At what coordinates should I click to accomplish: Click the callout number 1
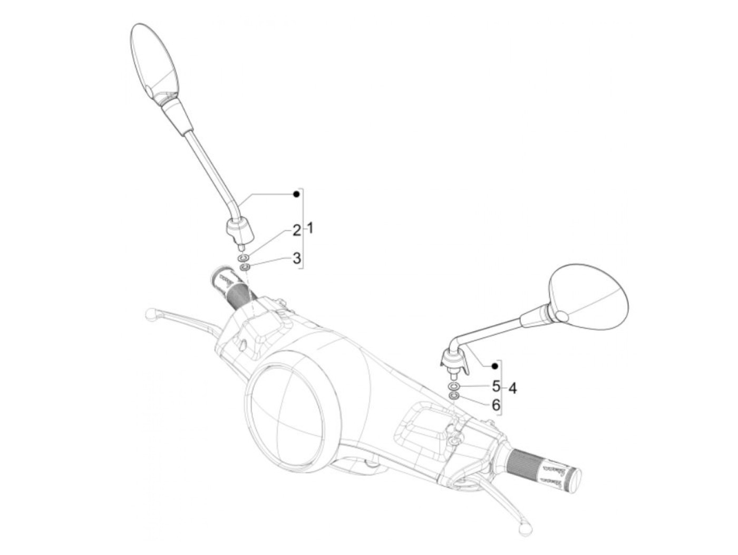[x=310, y=229]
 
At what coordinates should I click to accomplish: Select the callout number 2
[x=297, y=230]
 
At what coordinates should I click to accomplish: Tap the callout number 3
[x=297, y=258]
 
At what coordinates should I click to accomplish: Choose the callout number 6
[x=496, y=405]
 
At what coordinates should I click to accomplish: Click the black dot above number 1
[x=297, y=195]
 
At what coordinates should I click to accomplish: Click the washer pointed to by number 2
[x=244, y=258]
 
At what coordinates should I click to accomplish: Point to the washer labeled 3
[x=245, y=267]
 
